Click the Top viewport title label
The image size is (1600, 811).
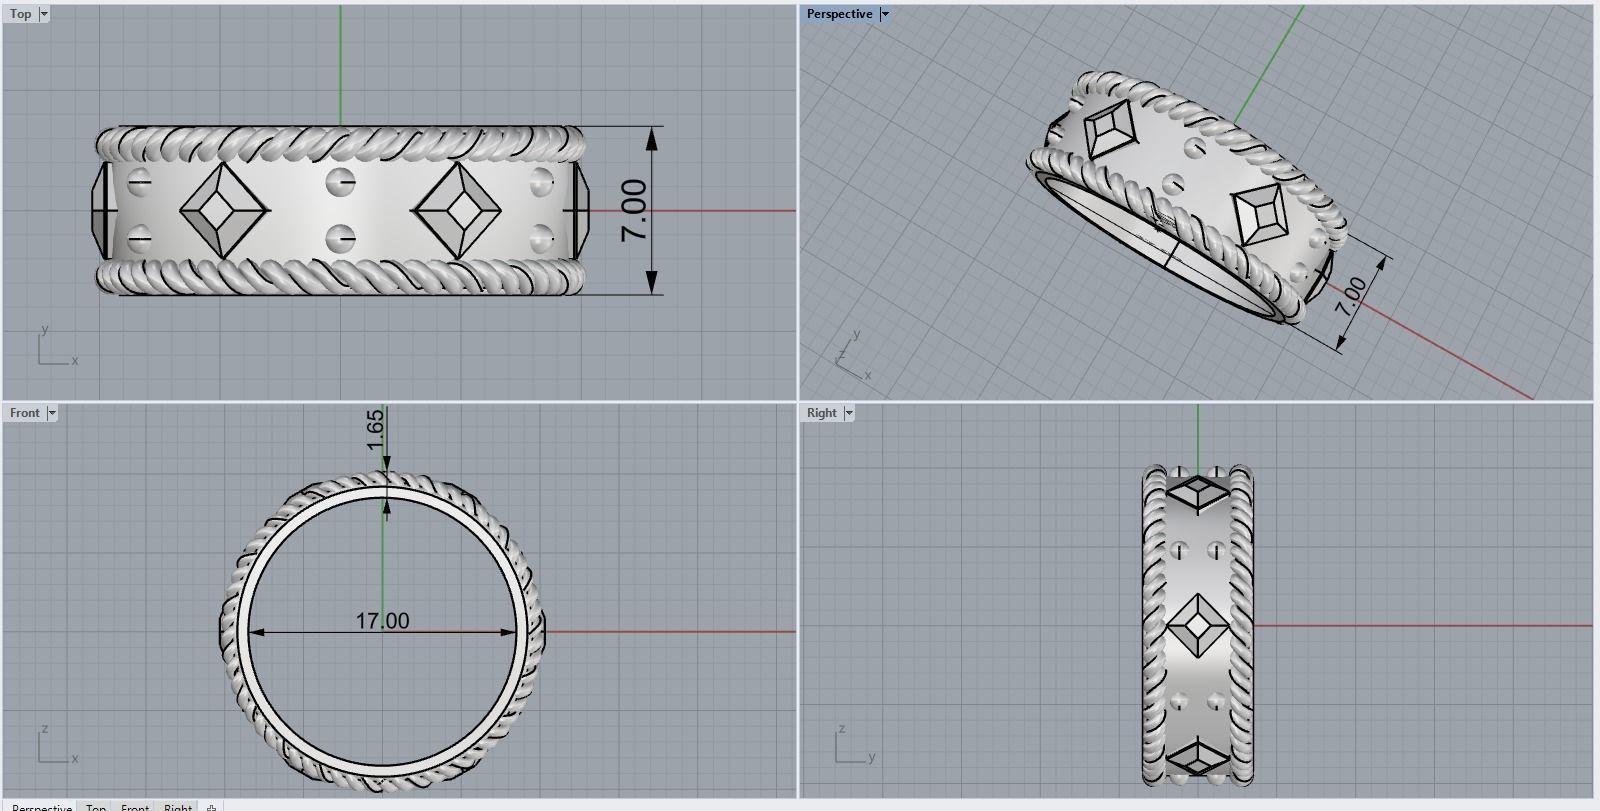[x=20, y=14]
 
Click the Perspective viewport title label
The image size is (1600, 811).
[x=839, y=14]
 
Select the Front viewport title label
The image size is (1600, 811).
[x=24, y=413]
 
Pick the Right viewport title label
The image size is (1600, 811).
[x=821, y=413]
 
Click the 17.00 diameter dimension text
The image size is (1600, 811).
[x=382, y=621]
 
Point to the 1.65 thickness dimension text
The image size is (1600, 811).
[x=375, y=429]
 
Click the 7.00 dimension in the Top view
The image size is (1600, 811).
[x=634, y=210]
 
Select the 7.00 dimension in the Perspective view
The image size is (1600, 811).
[x=1350, y=297]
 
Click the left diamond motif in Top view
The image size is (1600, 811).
[x=224, y=211]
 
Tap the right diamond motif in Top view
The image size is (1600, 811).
[x=459, y=211]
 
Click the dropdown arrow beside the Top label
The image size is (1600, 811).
[x=43, y=14]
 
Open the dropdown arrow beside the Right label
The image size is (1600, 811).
[x=849, y=413]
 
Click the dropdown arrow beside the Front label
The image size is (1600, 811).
[x=52, y=413]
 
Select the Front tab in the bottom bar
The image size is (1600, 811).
[x=135, y=806]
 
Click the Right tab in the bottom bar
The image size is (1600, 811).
[x=178, y=806]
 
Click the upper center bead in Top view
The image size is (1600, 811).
[x=341, y=183]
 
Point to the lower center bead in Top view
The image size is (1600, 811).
[x=341, y=239]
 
